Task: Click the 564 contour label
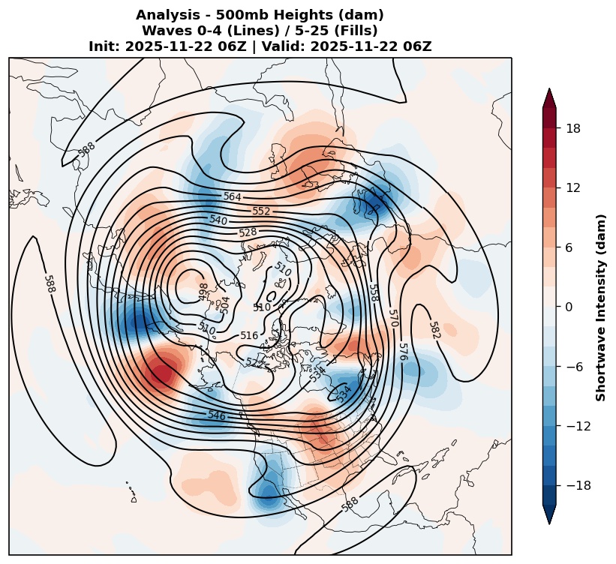coord(232,196)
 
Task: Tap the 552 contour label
coord(261,211)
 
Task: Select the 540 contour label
coord(218,220)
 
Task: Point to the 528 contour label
coord(248,232)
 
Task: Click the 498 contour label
coord(203,292)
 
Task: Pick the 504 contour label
coord(224,305)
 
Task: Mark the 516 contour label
coord(249,335)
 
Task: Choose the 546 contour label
coord(217,415)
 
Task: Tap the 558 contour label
coord(374,293)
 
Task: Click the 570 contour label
coord(393,318)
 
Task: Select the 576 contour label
coord(404,352)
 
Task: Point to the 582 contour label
coord(435,330)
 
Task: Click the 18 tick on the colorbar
coord(573,128)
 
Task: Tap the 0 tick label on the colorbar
coord(569,307)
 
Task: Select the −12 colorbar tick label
coord(578,426)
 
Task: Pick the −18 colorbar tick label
coord(578,486)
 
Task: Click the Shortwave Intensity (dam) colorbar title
coord(601,307)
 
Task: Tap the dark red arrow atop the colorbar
coord(549,97)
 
